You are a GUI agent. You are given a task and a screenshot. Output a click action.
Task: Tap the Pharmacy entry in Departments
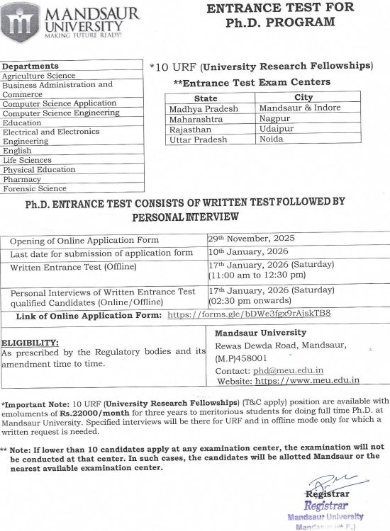[x=22, y=179]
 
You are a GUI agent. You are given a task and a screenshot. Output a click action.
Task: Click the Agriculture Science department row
[x=38, y=75]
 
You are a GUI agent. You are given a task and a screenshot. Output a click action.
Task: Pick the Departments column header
[x=30, y=66]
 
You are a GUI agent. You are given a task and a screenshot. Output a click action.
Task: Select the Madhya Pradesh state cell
[x=204, y=108]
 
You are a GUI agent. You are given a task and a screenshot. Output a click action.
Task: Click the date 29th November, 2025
[x=252, y=238]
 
